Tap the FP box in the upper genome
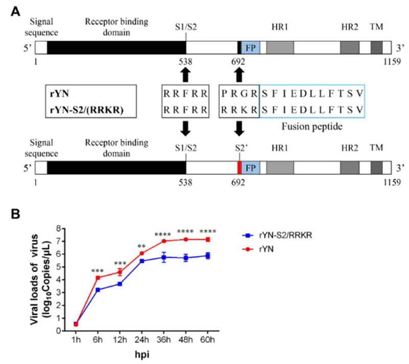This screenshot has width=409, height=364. pos(250,47)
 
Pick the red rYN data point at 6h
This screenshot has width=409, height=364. pos(97,278)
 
